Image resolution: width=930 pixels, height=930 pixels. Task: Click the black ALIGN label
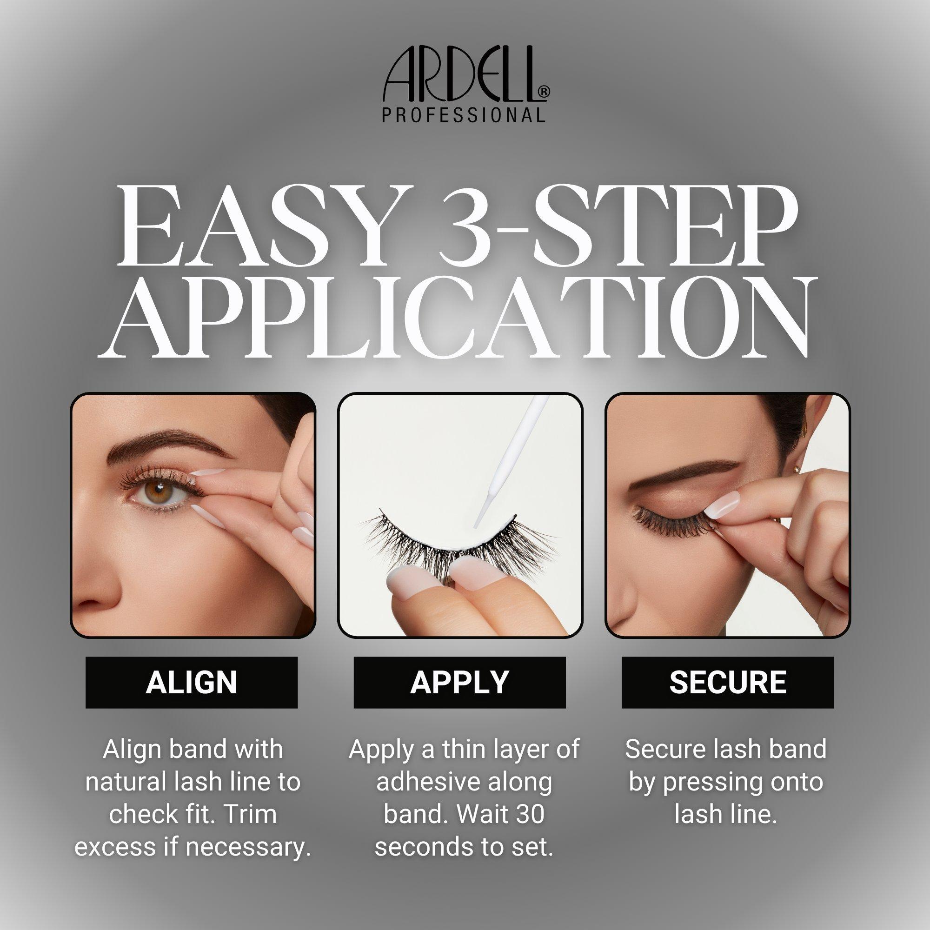[192, 682]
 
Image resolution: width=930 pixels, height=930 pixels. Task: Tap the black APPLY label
[460, 682]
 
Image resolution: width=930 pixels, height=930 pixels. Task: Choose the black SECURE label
[728, 682]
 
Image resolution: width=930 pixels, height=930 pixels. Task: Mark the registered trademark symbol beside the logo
[545, 92]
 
